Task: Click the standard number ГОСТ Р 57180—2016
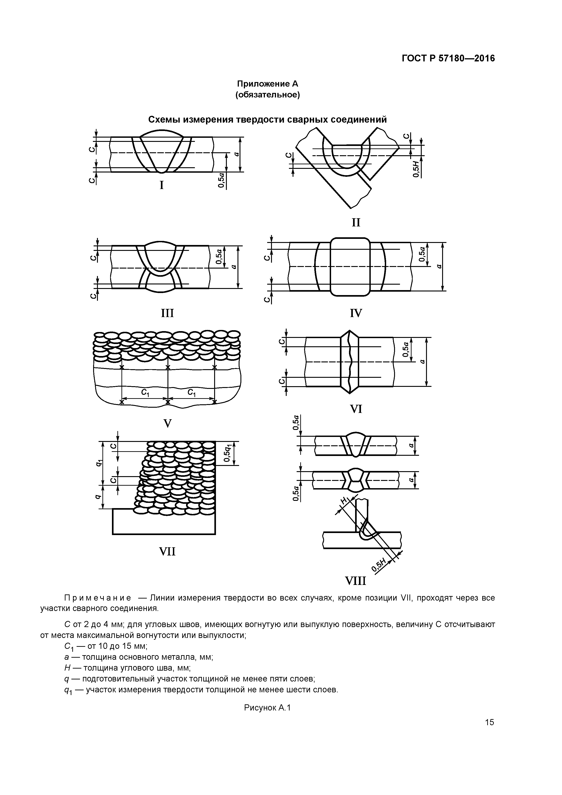tap(448, 58)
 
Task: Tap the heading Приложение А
tap(267, 84)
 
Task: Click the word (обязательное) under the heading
tap(267, 95)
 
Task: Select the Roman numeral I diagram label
tap(161, 186)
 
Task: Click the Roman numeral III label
tap(167, 313)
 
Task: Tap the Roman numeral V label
tap(167, 423)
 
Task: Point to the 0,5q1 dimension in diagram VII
tap(228, 453)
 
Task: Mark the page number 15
tap(489, 722)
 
